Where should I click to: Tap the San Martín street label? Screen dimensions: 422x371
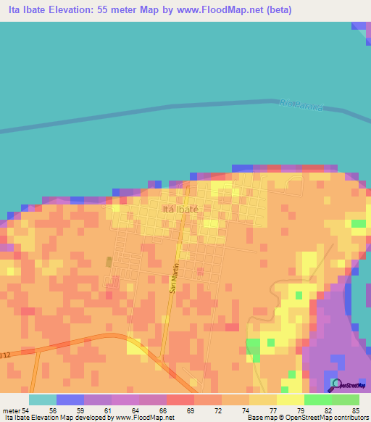tap(174, 277)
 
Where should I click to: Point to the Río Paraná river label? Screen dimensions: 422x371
tap(299, 107)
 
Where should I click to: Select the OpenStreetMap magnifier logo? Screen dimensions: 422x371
tap(336, 384)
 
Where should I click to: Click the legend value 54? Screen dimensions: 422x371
tap(28, 410)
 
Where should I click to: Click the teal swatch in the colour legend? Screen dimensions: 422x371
tap(43, 400)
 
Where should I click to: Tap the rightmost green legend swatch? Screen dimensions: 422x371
tap(346, 400)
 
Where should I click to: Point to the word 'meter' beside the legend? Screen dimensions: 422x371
tap(11, 410)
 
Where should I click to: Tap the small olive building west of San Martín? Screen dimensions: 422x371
tap(109, 261)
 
